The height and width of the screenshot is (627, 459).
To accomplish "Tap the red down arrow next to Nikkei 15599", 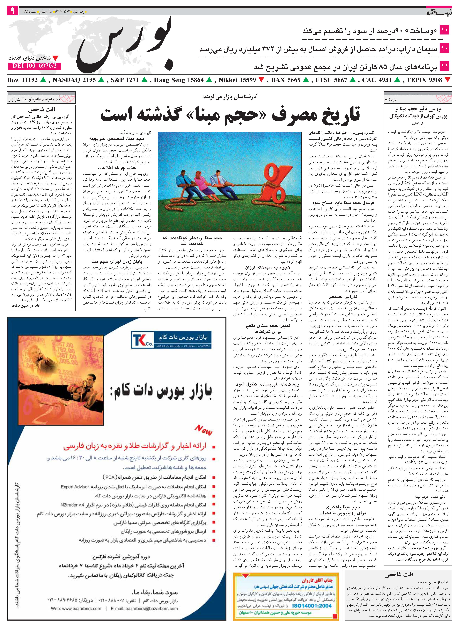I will point(261,80).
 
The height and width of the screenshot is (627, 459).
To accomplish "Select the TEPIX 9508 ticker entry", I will point(425,80).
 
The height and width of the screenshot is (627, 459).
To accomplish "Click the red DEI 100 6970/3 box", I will point(34,66).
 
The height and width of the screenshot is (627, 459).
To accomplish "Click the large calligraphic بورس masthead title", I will point(125,45).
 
